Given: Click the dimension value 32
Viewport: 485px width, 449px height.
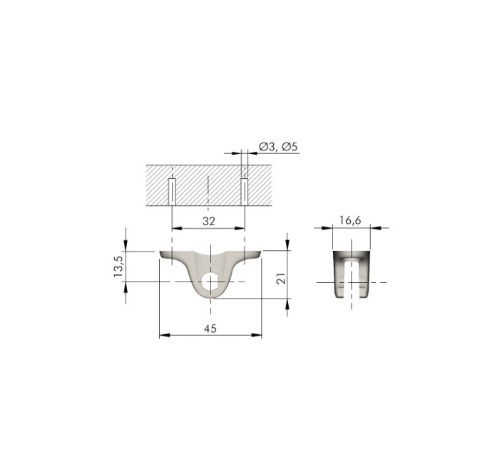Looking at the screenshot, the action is click(209, 221).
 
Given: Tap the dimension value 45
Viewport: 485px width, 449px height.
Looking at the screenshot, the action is click(210, 329).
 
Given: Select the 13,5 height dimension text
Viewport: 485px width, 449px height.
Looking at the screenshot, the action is click(118, 267).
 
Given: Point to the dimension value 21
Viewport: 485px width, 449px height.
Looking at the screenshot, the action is click(281, 278).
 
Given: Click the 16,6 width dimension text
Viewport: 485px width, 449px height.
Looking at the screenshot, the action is click(350, 220).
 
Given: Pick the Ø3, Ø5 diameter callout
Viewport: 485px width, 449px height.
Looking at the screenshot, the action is click(278, 147).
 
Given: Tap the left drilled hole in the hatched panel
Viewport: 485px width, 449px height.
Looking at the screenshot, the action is click(172, 192).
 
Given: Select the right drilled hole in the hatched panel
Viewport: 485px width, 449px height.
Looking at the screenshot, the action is click(245, 192).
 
